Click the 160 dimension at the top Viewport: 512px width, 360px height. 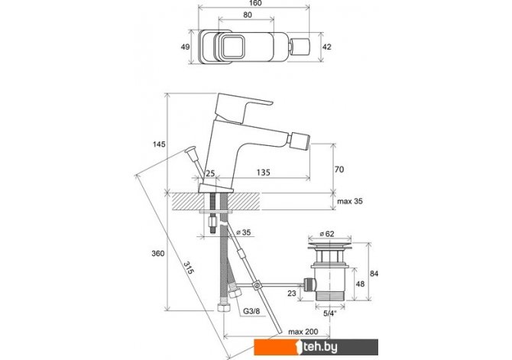[255, 3]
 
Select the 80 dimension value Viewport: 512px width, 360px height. [248, 15]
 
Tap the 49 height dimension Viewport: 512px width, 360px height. [185, 47]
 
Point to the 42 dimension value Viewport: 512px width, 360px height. [326, 47]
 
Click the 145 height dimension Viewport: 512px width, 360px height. [159, 144]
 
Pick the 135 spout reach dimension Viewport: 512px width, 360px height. [263, 172]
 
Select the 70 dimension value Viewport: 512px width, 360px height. [339, 169]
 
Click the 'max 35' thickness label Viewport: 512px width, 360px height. [350, 201]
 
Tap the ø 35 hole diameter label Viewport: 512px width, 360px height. [243, 232]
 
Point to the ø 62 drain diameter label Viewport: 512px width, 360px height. [327, 234]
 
